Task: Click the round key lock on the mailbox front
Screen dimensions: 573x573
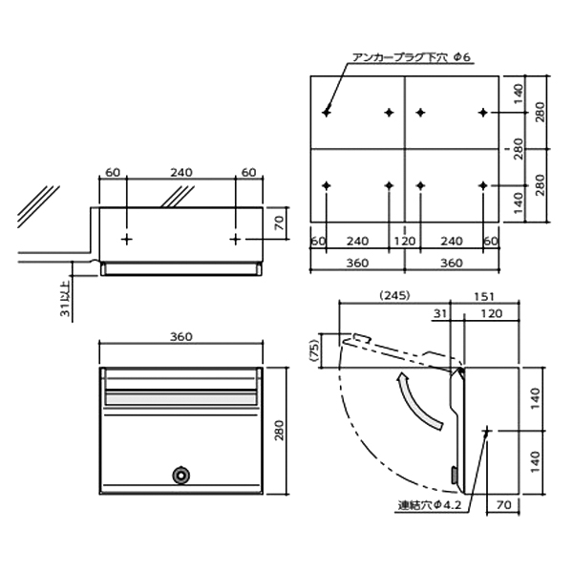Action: [x=180, y=475]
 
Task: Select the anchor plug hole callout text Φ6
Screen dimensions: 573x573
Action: [x=462, y=57]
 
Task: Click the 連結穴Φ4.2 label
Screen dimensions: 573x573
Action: [x=430, y=505]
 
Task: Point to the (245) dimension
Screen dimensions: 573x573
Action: [x=395, y=295]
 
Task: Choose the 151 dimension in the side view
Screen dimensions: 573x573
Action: [x=484, y=296]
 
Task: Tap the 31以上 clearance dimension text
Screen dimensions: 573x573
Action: [x=65, y=299]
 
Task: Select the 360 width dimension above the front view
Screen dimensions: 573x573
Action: [x=181, y=336]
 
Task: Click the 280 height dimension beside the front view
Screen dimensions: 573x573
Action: [x=279, y=430]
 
